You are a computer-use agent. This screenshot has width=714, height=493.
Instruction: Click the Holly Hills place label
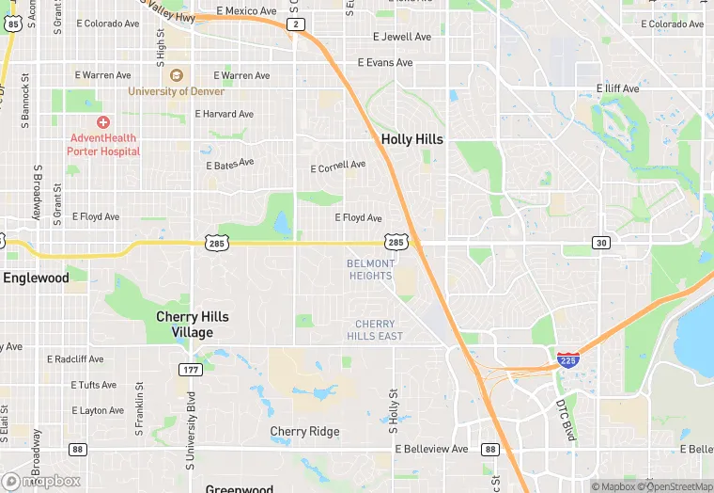(411, 139)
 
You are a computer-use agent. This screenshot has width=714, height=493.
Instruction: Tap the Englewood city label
(36, 278)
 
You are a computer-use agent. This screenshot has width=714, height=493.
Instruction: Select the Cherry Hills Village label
(192, 325)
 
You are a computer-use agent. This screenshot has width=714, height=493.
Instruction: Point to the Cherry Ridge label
(304, 432)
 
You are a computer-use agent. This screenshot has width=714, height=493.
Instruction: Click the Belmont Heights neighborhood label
(370, 270)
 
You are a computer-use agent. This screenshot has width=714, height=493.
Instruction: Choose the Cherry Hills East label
(375, 330)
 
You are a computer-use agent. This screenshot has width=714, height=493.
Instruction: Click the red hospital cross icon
(103, 122)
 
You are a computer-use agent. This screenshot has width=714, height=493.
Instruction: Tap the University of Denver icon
(178, 75)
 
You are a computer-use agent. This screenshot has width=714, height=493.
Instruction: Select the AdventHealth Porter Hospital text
(103, 145)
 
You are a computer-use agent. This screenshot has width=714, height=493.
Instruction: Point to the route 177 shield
(191, 370)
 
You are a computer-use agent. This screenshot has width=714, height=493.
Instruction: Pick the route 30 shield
(600, 243)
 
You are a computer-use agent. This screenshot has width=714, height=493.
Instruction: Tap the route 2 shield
(296, 24)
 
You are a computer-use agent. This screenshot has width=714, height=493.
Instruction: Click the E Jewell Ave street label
(401, 37)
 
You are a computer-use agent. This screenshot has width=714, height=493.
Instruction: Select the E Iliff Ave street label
(617, 88)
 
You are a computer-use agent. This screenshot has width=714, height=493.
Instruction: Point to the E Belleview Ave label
(431, 450)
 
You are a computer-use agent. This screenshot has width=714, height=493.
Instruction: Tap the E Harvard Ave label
(225, 114)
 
